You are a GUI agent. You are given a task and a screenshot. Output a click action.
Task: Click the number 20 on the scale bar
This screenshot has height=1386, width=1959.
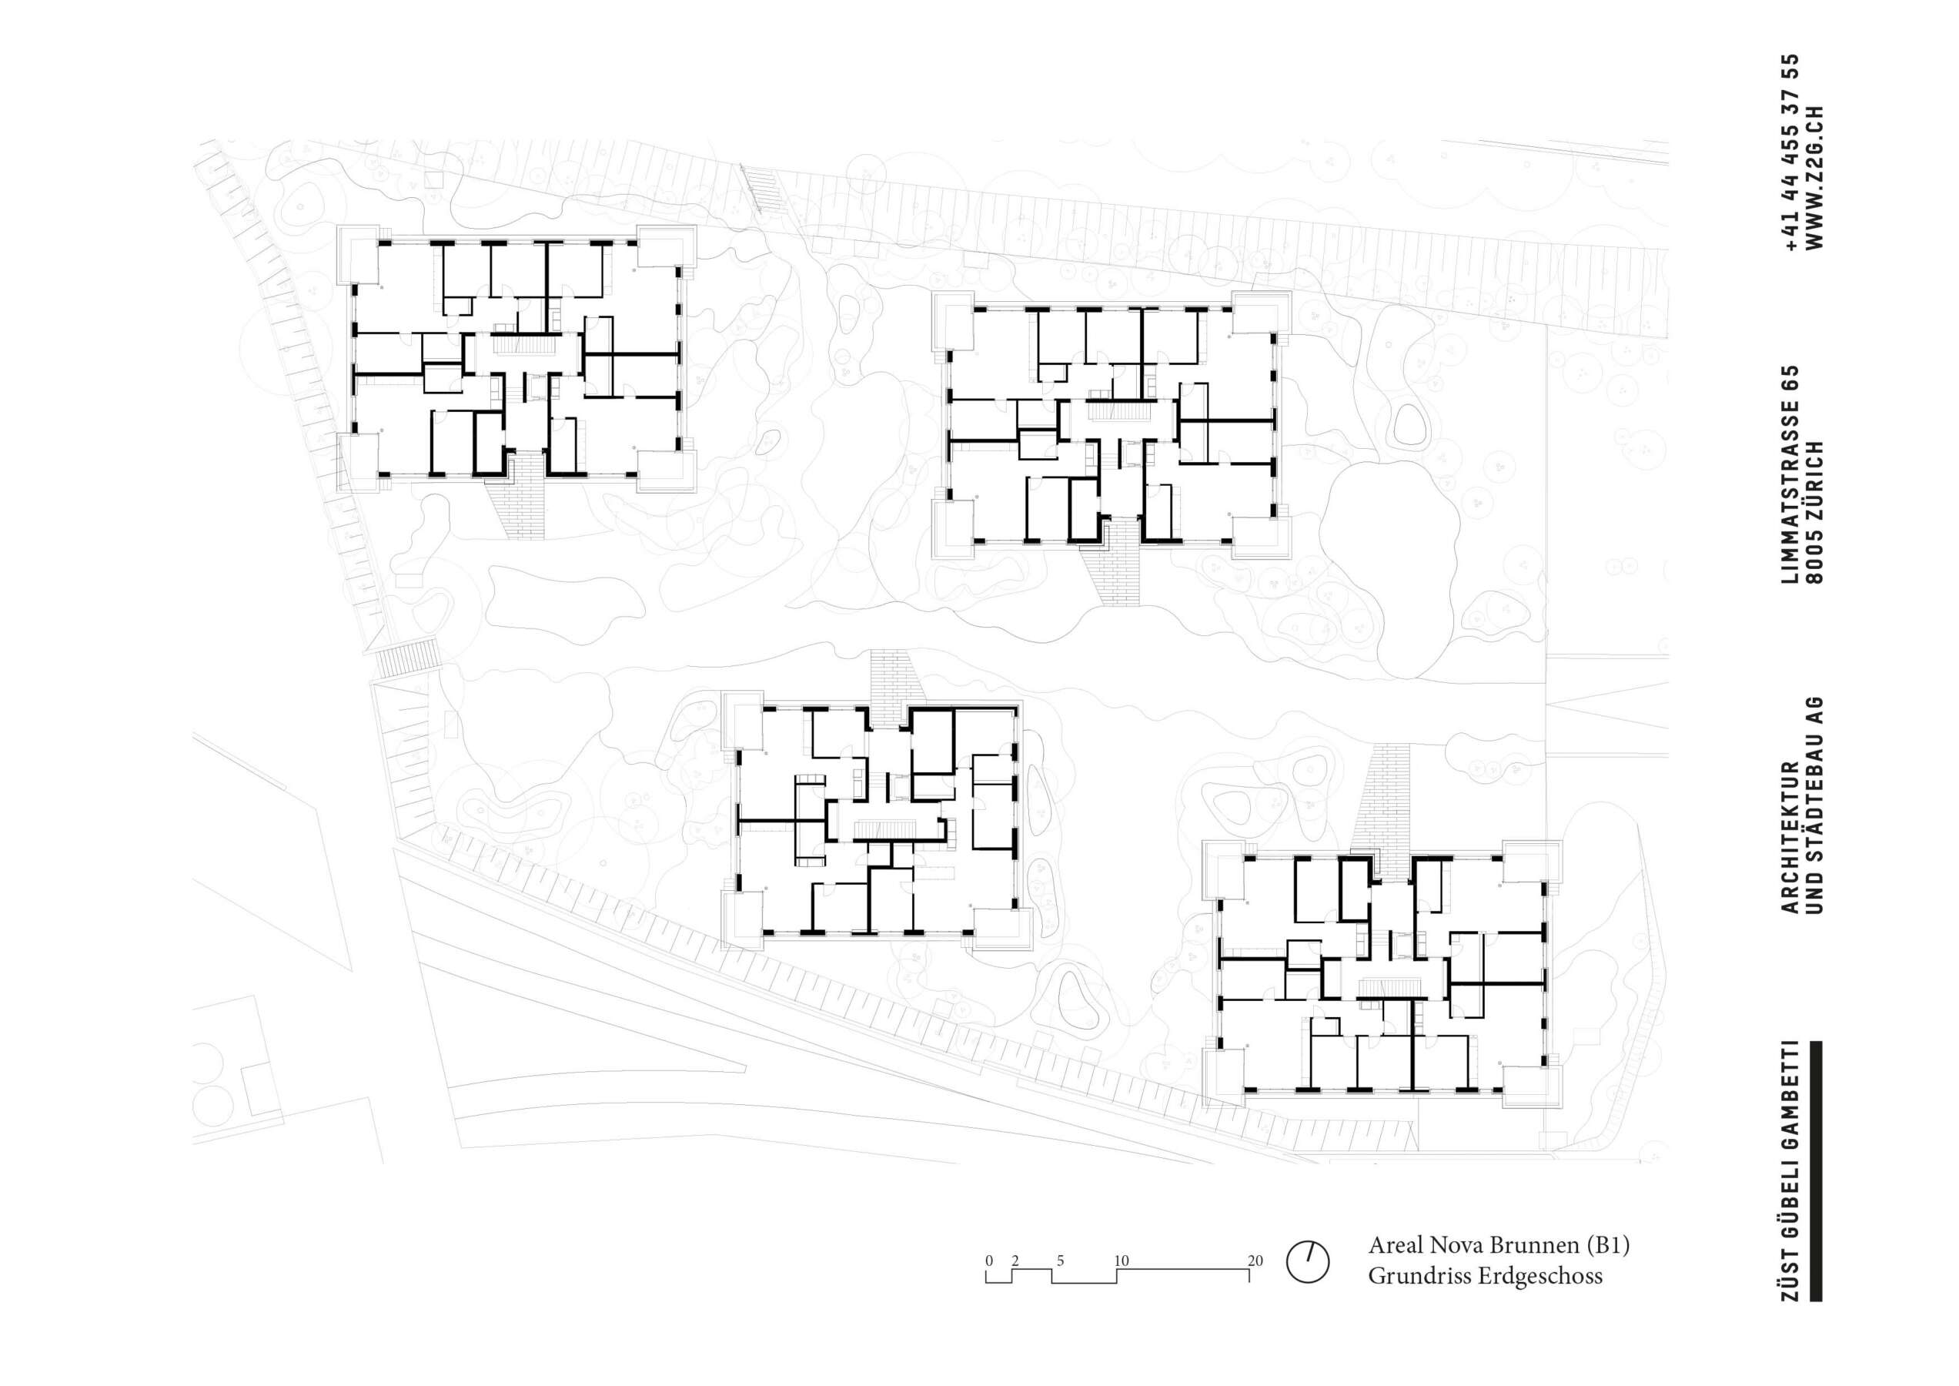[x=1255, y=1260]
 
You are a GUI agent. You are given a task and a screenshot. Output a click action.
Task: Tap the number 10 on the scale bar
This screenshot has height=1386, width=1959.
[x=1122, y=1260]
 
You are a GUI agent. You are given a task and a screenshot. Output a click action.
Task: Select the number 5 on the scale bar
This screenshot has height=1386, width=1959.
[x=1061, y=1260]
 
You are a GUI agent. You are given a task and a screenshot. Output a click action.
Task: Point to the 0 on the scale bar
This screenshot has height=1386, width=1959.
[x=989, y=1260]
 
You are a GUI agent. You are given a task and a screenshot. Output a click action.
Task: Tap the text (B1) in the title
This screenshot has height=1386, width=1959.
[x=1607, y=1245]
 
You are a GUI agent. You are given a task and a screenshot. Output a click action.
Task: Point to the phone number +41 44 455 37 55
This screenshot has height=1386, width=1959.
[x=1791, y=152]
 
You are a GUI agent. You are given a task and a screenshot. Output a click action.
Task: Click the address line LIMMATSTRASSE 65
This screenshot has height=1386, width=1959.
[x=1791, y=474]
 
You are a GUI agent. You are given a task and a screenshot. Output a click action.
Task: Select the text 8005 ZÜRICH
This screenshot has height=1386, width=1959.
[x=1815, y=512]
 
